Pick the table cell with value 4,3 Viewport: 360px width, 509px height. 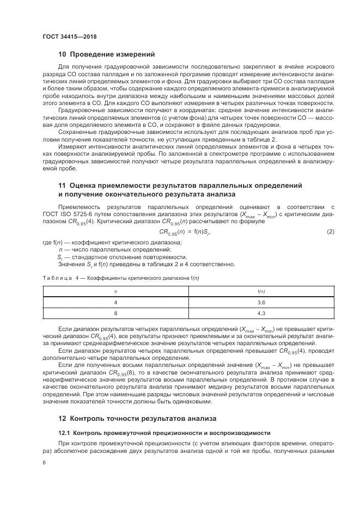tap(260, 314)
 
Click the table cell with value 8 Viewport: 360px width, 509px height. tap(115, 314)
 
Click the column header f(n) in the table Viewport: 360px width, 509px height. tap(260, 291)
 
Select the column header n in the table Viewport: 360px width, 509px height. tap(115, 291)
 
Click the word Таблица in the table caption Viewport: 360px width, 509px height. tap(57, 278)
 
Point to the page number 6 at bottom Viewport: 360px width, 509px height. tap(44, 462)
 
